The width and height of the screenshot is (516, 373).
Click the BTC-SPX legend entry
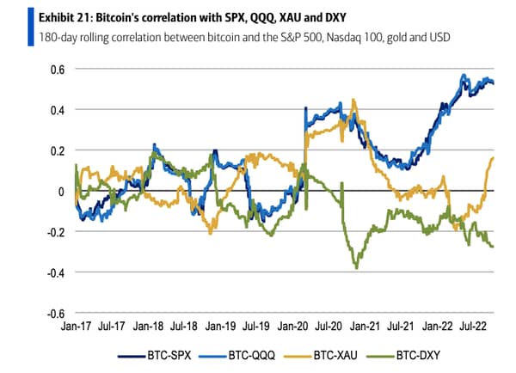point(154,356)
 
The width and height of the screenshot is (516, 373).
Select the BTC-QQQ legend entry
point(237,356)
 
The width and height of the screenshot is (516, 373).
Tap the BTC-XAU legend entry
point(321,356)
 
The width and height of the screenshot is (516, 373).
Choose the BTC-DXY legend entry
point(403,356)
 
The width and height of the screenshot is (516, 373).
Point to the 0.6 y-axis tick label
point(58,70)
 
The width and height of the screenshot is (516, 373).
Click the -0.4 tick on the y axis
point(56,273)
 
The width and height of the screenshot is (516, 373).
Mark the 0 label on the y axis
point(61,192)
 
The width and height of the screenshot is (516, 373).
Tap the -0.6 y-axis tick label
point(56,314)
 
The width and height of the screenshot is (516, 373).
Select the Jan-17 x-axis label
point(76,327)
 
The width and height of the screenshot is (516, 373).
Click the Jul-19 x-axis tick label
point(256,327)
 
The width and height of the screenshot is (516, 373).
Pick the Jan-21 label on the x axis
point(365,327)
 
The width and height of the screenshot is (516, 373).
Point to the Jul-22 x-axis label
point(473,327)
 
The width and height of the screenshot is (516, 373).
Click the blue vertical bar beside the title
point(31,27)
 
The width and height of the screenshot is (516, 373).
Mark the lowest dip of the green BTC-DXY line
point(356,268)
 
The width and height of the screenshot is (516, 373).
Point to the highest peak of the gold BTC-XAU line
point(353,99)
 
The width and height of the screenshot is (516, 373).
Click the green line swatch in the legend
point(380,356)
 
